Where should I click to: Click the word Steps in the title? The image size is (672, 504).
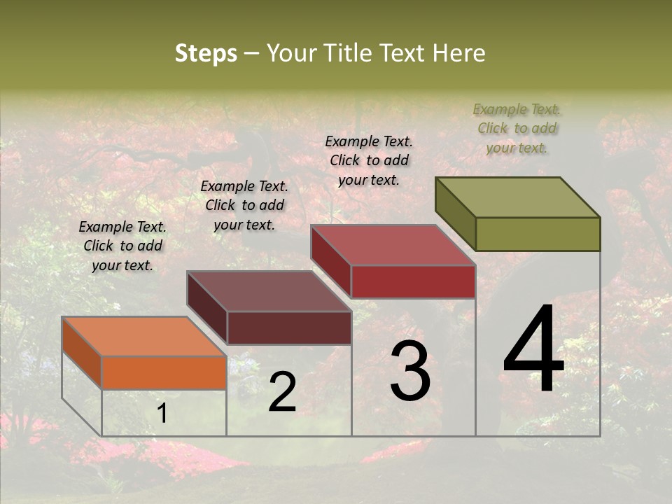pos(206,53)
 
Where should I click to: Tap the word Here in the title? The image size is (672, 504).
pos(458,53)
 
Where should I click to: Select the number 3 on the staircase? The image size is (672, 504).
pos(410,371)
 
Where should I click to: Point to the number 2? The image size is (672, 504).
pos(282,392)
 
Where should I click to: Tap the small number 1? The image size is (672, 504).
pos(162,414)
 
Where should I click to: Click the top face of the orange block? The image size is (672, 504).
pos(143,337)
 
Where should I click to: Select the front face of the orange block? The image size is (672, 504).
pos(164,372)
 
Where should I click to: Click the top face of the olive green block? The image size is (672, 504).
pos(518,197)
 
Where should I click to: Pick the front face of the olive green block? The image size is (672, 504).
pos(538,234)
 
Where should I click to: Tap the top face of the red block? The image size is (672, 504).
pos(393,245)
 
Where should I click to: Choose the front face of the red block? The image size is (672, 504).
pos(413,281)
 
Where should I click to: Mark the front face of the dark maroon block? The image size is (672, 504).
pos(288,328)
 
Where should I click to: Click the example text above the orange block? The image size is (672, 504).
pos(122,246)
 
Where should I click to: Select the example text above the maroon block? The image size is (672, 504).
pos(244,205)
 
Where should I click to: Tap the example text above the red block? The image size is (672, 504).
pos(369,160)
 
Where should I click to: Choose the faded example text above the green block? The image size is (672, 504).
pos(517,128)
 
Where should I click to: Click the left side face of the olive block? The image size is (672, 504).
pos(455,213)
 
